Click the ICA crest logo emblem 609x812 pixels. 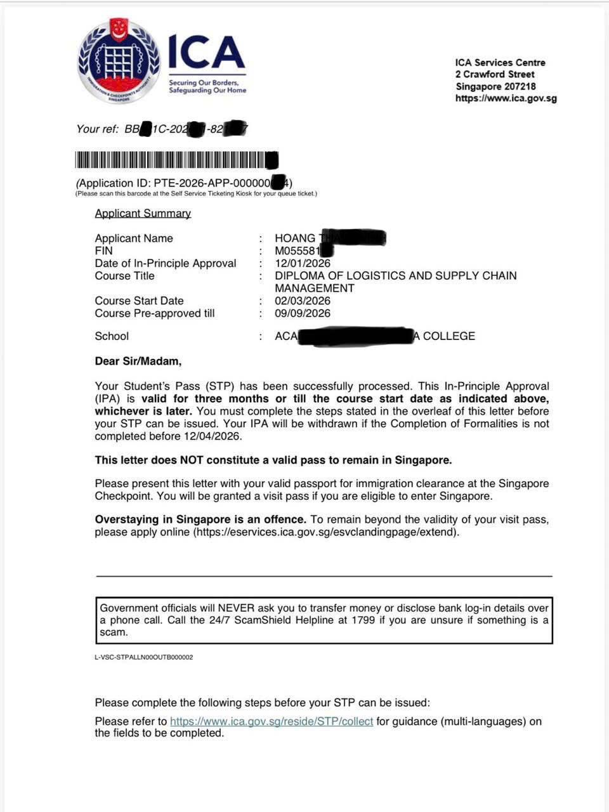click(x=119, y=62)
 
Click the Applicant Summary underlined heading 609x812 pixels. click(x=143, y=213)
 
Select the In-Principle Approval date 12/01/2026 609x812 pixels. click(x=303, y=263)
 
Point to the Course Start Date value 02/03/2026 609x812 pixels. click(x=303, y=301)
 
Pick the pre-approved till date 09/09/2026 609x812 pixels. click(x=303, y=313)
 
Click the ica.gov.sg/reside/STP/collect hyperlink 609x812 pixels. click(x=272, y=721)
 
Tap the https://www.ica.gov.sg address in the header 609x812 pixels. click(x=506, y=98)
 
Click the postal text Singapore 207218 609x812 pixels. click(x=495, y=86)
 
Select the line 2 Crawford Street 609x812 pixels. click(x=495, y=74)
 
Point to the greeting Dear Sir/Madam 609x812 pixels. click(x=138, y=362)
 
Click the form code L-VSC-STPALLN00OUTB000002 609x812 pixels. click(x=144, y=657)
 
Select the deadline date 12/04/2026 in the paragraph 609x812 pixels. click(x=213, y=436)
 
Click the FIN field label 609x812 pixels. click(x=103, y=251)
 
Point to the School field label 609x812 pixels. click(x=112, y=336)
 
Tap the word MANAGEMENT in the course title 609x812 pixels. click(x=315, y=288)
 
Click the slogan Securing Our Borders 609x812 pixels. click(x=204, y=82)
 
